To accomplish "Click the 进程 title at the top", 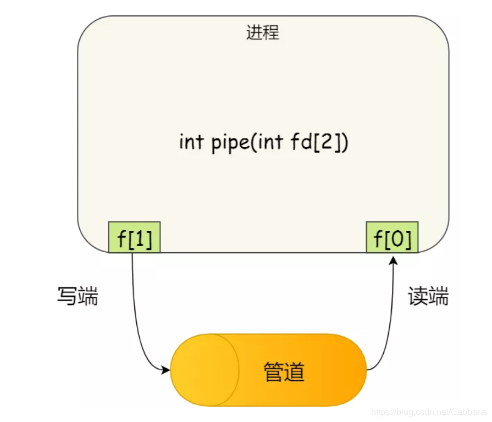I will (x=263, y=33).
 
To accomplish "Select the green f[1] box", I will (x=135, y=237).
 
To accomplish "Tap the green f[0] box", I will (x=392, y=237).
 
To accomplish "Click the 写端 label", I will (x=78, y=296).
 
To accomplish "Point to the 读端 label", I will (x=428, y=296).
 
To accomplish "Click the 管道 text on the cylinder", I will (x=284, y=372).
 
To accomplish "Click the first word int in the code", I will (x=191, y=142).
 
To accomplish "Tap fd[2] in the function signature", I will (x=318, y=142).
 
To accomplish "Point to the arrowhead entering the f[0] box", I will (x=393, y=258).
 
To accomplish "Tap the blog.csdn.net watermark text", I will (x=429, y=411).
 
